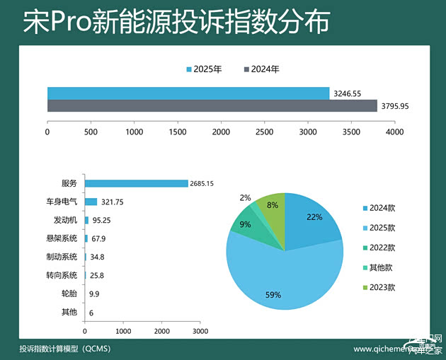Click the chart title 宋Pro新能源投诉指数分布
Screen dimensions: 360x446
tap(176, 22)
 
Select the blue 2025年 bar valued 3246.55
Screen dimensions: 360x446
tap(188, 93)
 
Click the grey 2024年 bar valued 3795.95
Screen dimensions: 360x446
tap(212, 106)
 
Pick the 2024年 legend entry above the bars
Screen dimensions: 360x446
tap(261, 69)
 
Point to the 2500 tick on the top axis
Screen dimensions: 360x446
tap(265, 132)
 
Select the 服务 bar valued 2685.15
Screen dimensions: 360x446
tap(136, 184)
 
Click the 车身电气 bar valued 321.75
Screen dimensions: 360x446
tap(91, 202)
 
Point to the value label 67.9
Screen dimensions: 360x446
tap(99, 238)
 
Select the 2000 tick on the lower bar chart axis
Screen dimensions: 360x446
tap(162, 331)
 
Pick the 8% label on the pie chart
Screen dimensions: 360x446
tap(272, 205)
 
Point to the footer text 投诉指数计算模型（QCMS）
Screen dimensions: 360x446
tap(65, 349)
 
